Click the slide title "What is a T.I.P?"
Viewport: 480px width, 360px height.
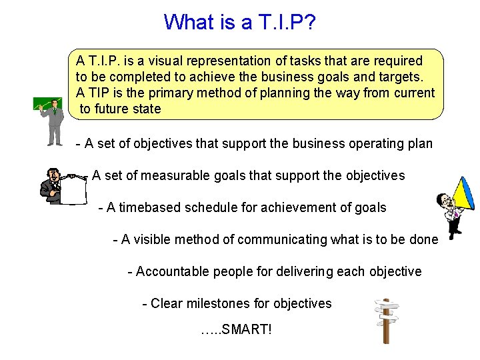pyautogui.click(x=240, y=23)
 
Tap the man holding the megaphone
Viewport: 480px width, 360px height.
pyautogui.click(x=448, y=213)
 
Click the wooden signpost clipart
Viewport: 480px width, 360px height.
pyautogui.click(x=385, y=320)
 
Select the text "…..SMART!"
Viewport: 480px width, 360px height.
pyautogui.click(x=236, y=329)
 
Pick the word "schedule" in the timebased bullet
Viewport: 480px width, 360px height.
pyautogui.click(x=211, y=207)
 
